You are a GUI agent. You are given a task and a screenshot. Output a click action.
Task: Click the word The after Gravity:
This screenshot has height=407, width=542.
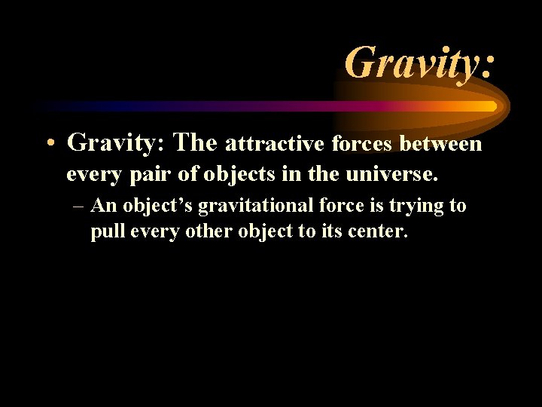pos(195,141)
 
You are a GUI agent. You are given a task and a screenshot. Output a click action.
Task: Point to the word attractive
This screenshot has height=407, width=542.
pos(275,142)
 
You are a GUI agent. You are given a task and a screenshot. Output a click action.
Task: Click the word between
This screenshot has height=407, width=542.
pos(441,142)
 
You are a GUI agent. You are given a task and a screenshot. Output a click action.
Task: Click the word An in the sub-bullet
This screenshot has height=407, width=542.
pos(102,205)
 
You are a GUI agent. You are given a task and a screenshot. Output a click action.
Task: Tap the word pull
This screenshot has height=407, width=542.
pos(108,231)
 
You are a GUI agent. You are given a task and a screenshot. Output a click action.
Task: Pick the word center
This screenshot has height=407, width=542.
pos(379,231)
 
